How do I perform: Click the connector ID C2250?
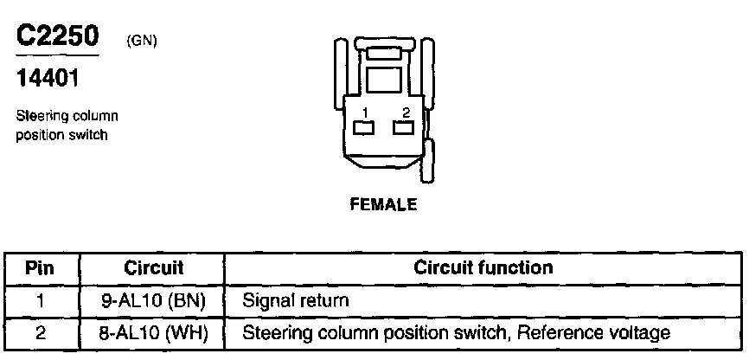tap(57, 37)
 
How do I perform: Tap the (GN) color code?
tap(141, 42)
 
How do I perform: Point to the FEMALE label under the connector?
tap(383, 205)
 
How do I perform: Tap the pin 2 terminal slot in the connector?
tap(404, 128)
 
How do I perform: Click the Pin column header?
tap(42, 267)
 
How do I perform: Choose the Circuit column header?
tap(153, 267)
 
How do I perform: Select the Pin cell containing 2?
tap(42, 332)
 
